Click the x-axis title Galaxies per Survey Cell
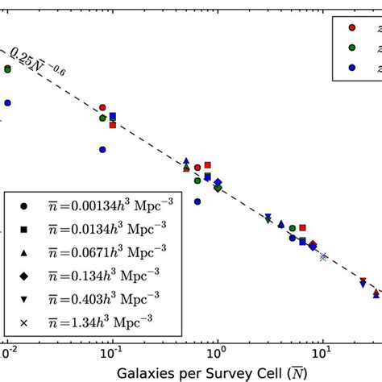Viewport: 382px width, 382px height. (191, 372)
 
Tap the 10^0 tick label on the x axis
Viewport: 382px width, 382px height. (217, 352)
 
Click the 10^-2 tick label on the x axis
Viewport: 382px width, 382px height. (8, 352)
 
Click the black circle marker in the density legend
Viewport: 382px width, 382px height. (25, 205)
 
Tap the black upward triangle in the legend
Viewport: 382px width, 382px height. (25, 251)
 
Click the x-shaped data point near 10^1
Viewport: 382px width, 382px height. (323, 257)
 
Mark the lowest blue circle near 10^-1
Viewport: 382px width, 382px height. (102, 149)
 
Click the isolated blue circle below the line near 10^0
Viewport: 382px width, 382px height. (197, 201)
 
